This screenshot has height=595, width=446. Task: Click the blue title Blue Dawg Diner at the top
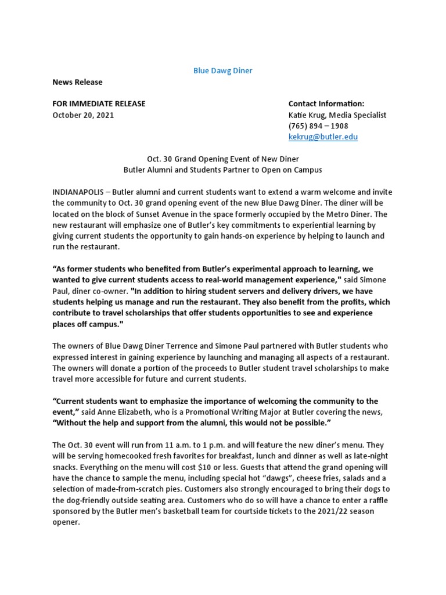point(222,71)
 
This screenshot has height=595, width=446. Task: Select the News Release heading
point(77,82)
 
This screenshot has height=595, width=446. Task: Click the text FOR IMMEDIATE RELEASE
point(99,104)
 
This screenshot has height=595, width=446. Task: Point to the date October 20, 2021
point(83,115)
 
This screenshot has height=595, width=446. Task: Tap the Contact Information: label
point(326,104)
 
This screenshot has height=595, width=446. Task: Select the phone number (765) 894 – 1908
point(318,126)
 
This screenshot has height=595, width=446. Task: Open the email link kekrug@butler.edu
point(323,137)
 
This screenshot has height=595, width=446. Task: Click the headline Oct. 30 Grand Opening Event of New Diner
point(222,159)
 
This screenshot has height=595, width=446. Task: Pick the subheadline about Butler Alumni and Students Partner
point(222,170)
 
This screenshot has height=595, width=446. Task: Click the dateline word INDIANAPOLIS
point(78,192)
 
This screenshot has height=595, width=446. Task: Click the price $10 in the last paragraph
point(242,467)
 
